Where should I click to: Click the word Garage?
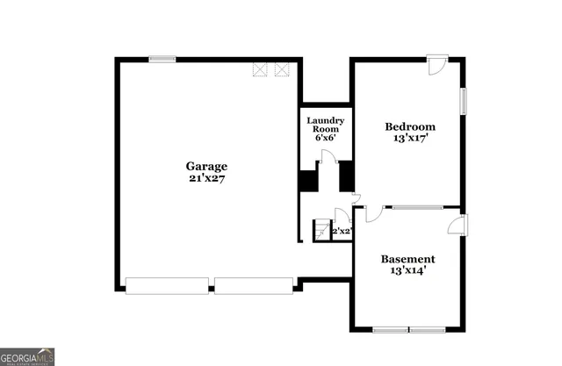tap(206, 166)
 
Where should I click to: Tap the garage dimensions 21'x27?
tap(206, 178)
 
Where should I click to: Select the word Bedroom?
tap(410, 127)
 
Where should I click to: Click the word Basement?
tap(407, 259)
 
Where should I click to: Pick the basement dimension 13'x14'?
tap(407, 271)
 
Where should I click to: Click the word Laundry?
tap(324, 119)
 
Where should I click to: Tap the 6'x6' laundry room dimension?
tap(324, 139)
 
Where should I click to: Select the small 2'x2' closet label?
tap(342, 232)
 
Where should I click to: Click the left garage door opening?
tap(167, 284)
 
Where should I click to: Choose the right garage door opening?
tap(254, 284)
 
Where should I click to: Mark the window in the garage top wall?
tap(162, 59)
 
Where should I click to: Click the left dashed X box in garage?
tap(261, 69)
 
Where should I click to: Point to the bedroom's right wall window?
tap(463, 101)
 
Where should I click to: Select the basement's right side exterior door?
tap(458, 225)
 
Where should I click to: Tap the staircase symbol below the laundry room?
tap(321, 230)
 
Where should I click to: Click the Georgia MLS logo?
tap(28, 355)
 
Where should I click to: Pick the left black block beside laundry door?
tap(306, 181)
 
